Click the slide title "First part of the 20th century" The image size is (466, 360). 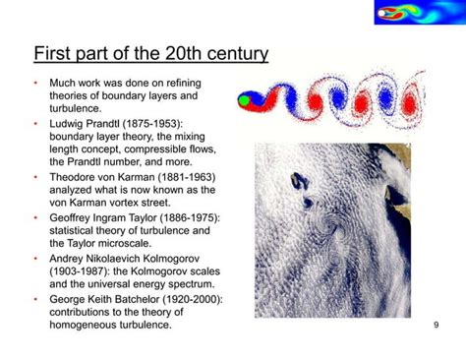(150, 53)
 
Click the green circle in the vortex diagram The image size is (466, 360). (245, 98)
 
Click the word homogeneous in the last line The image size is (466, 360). (89, 326)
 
